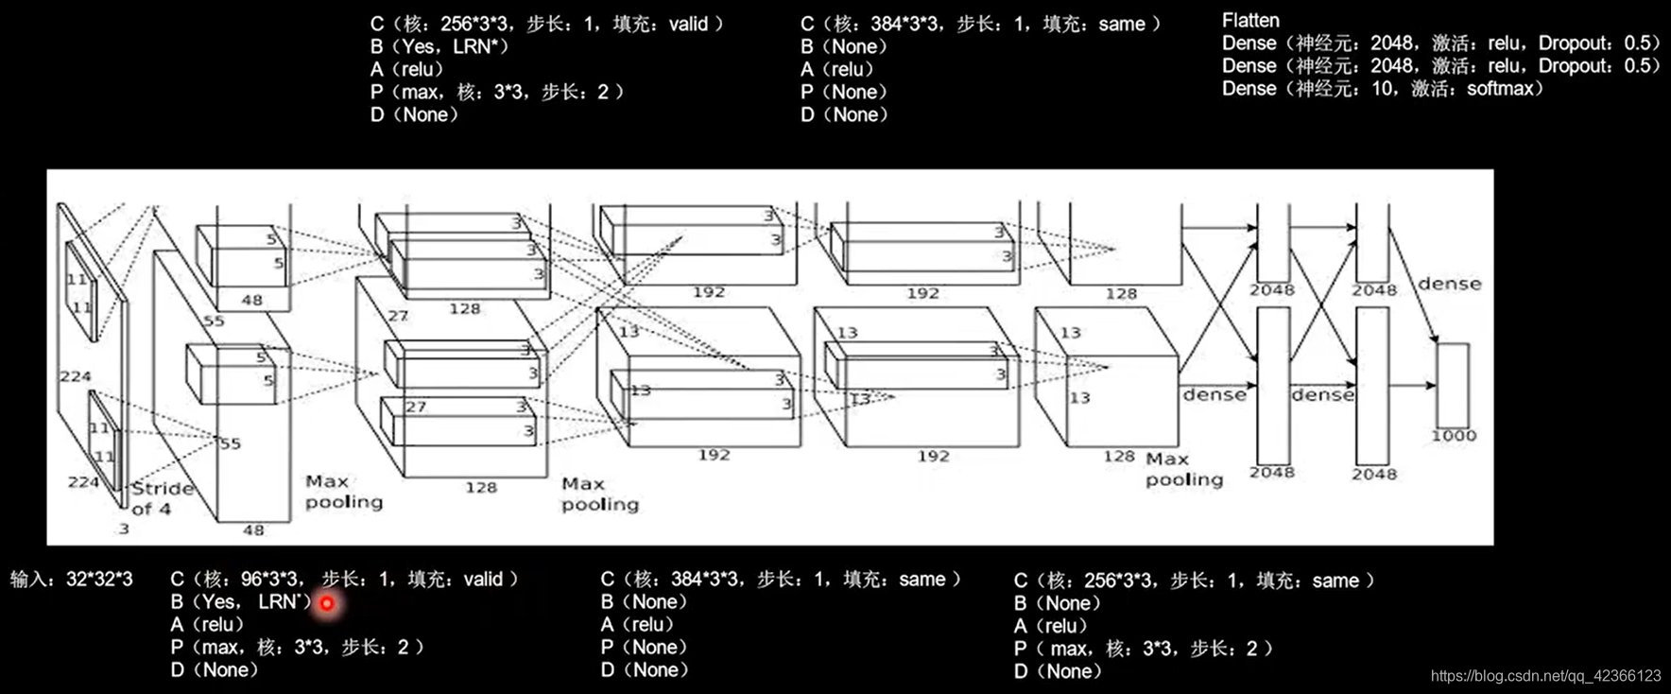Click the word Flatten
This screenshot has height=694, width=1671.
click(1249, 20)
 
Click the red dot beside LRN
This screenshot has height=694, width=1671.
click(327, 603)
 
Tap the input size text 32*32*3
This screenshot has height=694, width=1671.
click(99, 579)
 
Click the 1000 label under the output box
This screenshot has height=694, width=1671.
click(1453, 436)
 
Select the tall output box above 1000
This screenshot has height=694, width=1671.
click(1453, 385)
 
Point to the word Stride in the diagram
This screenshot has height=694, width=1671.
click(162, 489)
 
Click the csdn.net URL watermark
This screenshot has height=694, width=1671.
click(1545, 676)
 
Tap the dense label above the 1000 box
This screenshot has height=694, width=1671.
click(1449, 284)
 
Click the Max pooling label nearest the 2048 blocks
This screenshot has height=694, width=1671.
click(1183, 469)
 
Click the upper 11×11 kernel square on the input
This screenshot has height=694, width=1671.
click(81, 290)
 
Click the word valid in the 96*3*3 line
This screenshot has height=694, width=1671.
click(483, 579)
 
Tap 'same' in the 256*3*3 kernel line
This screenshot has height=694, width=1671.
click(1335, 581)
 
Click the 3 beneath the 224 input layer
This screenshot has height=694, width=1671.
click(124, 529)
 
